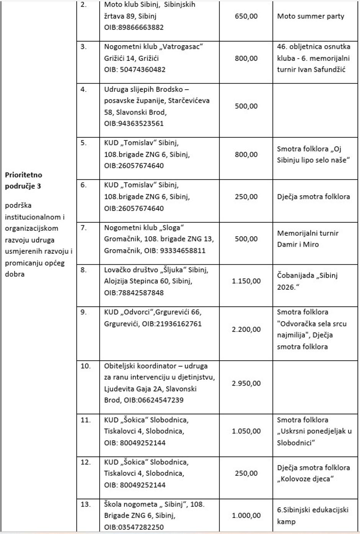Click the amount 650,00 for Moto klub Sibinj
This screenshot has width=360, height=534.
[x=246, y=16]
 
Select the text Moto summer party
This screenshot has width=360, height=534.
[x=310, y=16]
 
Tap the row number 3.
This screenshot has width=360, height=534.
[x=83, y=47]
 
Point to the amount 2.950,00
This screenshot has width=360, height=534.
[x=246, y=383]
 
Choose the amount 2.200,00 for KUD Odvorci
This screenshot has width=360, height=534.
[x=246, y=329]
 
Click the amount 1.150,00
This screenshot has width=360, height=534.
[x=246, y=281]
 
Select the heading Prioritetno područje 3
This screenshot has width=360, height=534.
[x=23, y=181]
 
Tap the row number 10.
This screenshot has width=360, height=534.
[x=85, y=366]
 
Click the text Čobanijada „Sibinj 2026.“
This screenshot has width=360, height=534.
[x=307, y=281]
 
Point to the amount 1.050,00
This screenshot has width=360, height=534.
[x=246, y=431]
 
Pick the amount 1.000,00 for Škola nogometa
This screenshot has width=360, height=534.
[x=246, y=515]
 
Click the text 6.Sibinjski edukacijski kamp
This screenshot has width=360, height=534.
[x=313, y=515]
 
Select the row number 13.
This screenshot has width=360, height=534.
[x=85, y=504]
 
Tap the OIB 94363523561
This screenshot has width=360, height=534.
[x=134, y=124]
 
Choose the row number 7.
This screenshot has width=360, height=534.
[x=83, y=228]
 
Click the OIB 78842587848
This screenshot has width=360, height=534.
[x=134, y=293]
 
